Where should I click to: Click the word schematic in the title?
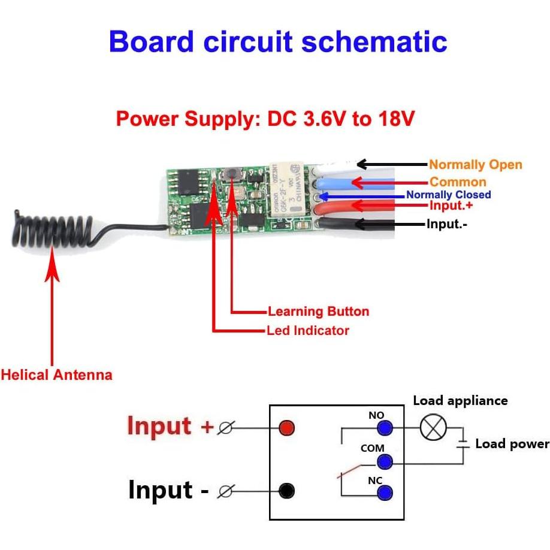pos(374,43)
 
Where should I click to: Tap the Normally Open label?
pos(476,165)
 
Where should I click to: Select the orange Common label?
pos(458,182)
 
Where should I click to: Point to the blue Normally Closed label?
pos(448,195)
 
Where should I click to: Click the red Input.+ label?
pos(447,206)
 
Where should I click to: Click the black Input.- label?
pos(446,225)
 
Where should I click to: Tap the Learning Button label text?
pos(318,312)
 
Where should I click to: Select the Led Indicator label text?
pos(308,330)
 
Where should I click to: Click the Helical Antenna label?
pos(56,376)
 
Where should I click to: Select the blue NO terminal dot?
pos(385,428)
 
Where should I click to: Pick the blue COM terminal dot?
pos(385,461)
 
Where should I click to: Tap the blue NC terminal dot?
pos(385,492)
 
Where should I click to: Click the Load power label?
pos(512,444)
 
